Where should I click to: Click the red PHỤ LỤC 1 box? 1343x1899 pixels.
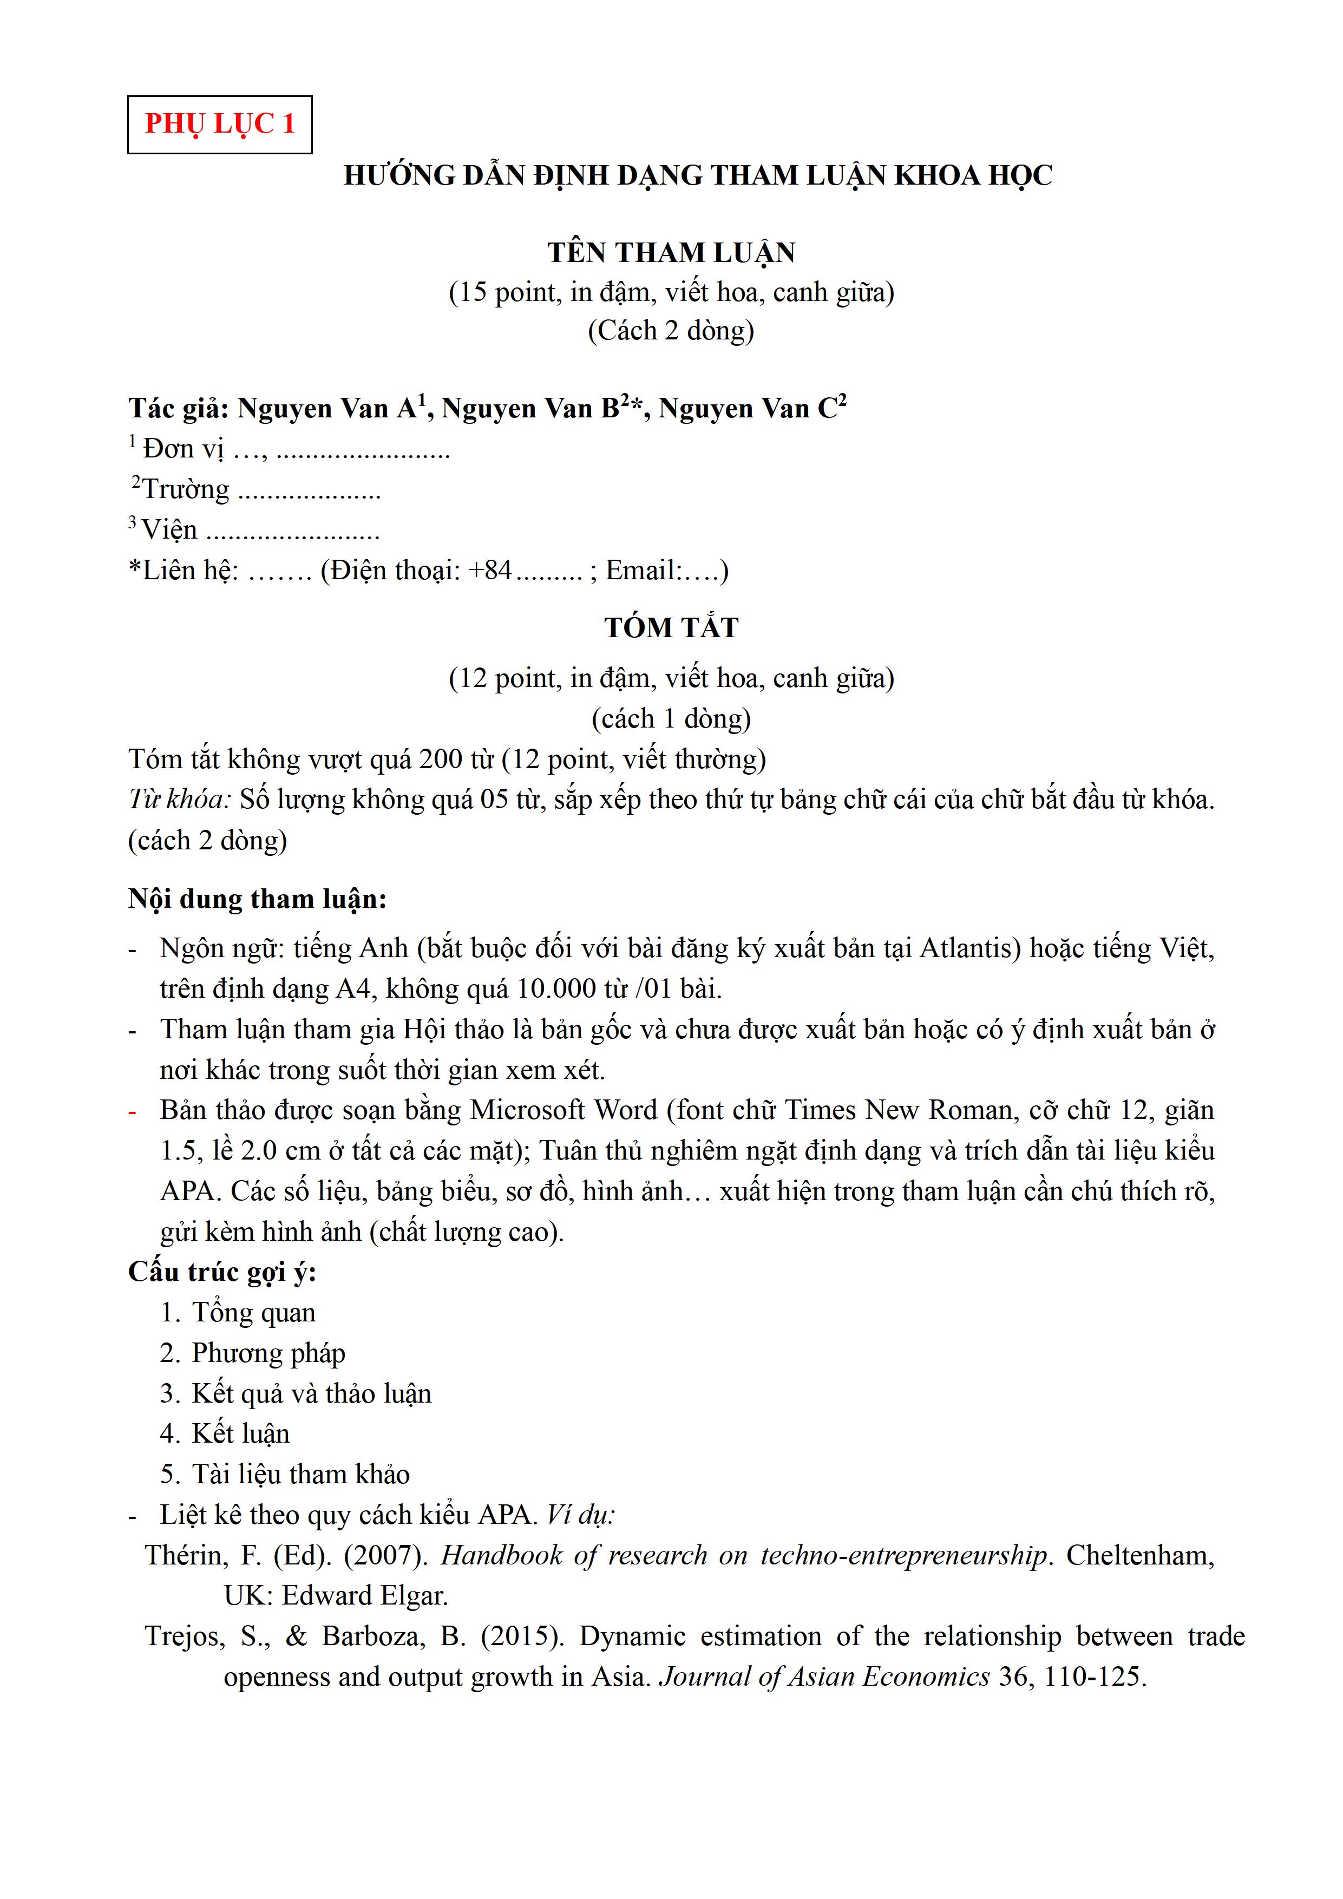tap(219, 124)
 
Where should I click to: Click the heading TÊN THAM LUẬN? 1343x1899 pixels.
tap(671, 252)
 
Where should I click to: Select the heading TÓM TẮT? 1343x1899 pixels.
tap(671, 628)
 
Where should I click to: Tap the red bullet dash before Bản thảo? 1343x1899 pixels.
tap(132, 1111)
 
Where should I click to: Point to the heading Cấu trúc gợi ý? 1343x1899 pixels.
tap(222, 1272)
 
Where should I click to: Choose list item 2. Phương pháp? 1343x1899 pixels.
tap(252, 1353)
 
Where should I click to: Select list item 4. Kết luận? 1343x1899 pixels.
tap(225, 1433)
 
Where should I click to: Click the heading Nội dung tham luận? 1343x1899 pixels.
tap(257, 899)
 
